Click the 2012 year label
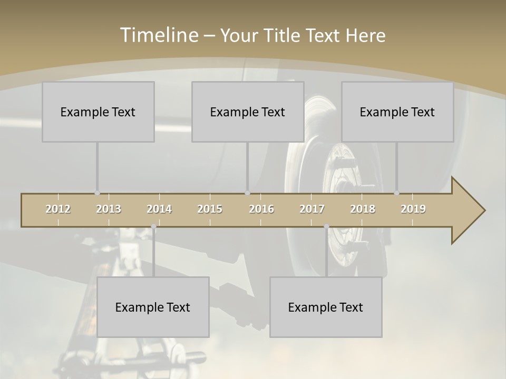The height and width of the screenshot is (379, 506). [58, 209]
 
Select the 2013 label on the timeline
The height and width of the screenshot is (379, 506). [109, 209]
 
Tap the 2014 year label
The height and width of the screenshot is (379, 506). [159, 209]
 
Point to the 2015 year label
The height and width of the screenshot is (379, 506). [210, 209]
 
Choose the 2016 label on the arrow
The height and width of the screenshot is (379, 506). [261, 209]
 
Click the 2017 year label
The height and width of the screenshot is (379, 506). [312, 209]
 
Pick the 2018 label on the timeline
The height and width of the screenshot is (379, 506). [363, 209]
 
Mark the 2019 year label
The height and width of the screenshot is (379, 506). [413, 209]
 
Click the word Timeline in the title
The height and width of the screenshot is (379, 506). [158, 35]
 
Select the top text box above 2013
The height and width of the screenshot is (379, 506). [98, 112]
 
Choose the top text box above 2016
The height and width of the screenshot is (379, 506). [248, 112]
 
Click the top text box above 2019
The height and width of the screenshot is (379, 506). [397, 112]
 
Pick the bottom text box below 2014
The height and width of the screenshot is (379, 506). [153, 307]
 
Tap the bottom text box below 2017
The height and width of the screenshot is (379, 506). [326, 307]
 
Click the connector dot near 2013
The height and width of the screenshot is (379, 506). [97, 193]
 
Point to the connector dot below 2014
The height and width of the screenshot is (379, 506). [153, 227]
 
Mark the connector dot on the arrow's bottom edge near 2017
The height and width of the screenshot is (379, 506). [326, 227]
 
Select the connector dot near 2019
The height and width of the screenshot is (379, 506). [396, 193]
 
